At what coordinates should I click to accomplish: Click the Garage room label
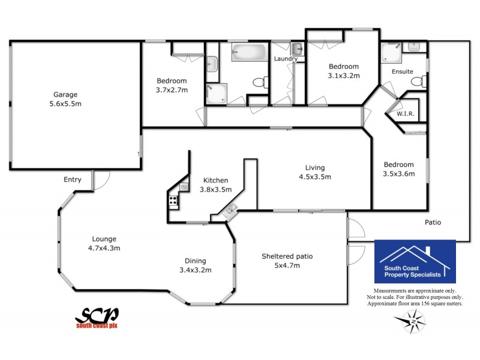[65, 94]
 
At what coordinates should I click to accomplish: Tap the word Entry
[73, 179]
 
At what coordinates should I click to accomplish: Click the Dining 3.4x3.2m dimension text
[196, 269]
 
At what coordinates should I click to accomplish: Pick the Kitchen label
[215, 180]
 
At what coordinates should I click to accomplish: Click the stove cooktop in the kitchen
[173, 201]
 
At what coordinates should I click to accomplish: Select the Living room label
[314, 167]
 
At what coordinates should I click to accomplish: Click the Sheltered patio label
[287, 256]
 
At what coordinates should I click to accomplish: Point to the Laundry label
[286, 59]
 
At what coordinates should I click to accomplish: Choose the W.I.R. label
[406, 113]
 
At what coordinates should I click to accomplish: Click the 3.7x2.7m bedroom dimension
[172, 90]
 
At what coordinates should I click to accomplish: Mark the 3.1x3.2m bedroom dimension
[343, 76]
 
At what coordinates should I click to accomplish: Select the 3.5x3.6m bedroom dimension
[399, 174]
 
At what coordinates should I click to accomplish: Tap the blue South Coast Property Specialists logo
[415, 262]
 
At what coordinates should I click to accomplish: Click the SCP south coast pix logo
[97, 317]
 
